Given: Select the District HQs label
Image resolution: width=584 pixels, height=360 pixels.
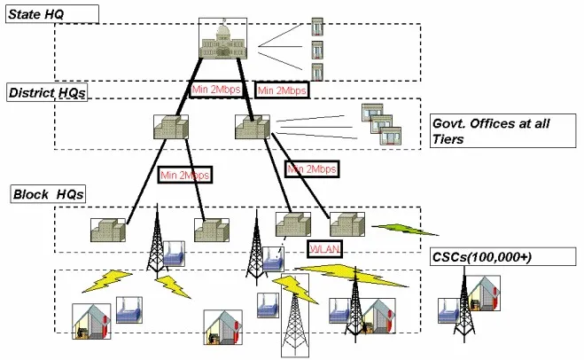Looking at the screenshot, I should pos(46,91).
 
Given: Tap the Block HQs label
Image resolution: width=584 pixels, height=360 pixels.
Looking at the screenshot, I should pos(46,192).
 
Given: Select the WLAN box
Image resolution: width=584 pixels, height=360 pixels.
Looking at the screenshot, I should pos(325,247).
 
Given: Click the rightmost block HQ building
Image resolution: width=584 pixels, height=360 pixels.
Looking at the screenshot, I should pos(348,224).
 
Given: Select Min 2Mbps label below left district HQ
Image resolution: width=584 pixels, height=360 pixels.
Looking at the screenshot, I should pos(185,175).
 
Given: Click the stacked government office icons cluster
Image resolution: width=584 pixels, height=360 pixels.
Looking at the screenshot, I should pos(382,124).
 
